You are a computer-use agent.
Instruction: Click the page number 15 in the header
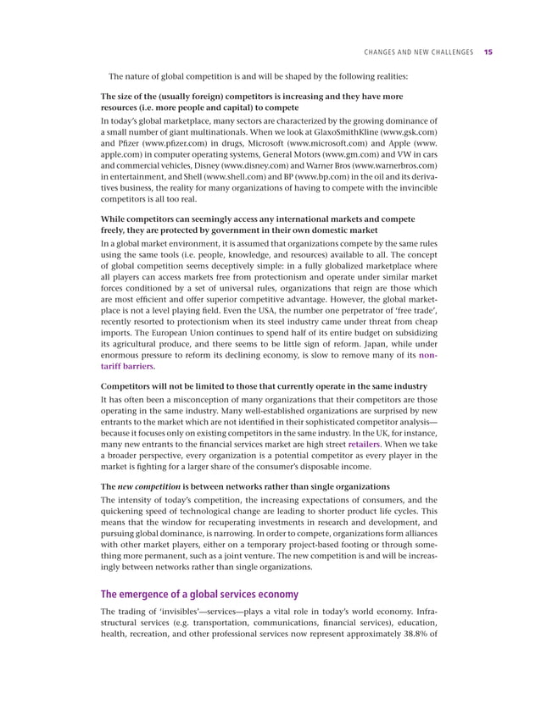[x=488, y=53]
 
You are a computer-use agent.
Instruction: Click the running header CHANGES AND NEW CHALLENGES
[x=416, y=53]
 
